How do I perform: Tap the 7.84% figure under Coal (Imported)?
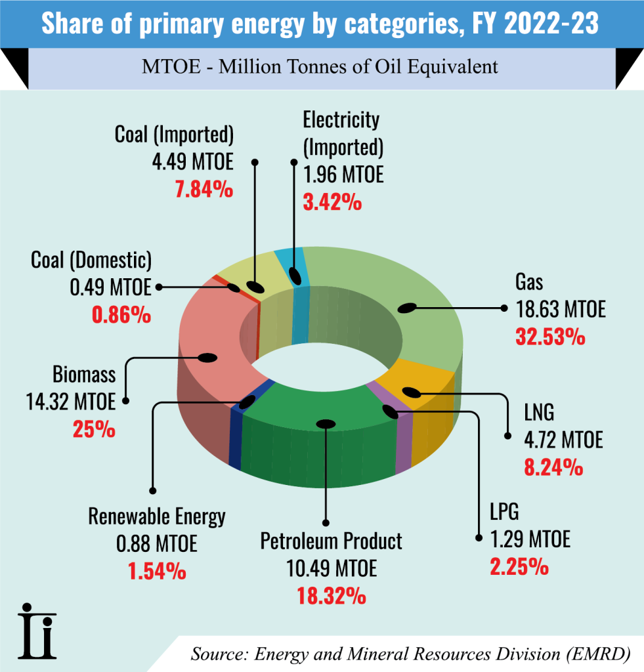pos(204,190)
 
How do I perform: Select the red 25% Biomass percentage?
pos(94,430)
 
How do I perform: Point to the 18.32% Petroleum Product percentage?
pos(332,596)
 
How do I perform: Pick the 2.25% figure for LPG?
pos(519,566)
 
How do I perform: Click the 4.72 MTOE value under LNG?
pos(563,439)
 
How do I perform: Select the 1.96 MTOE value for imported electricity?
pos(343,175)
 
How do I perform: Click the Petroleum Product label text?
pos(332,541)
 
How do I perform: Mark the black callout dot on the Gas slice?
pos(408,308)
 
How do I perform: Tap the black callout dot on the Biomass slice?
pos(207,358)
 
